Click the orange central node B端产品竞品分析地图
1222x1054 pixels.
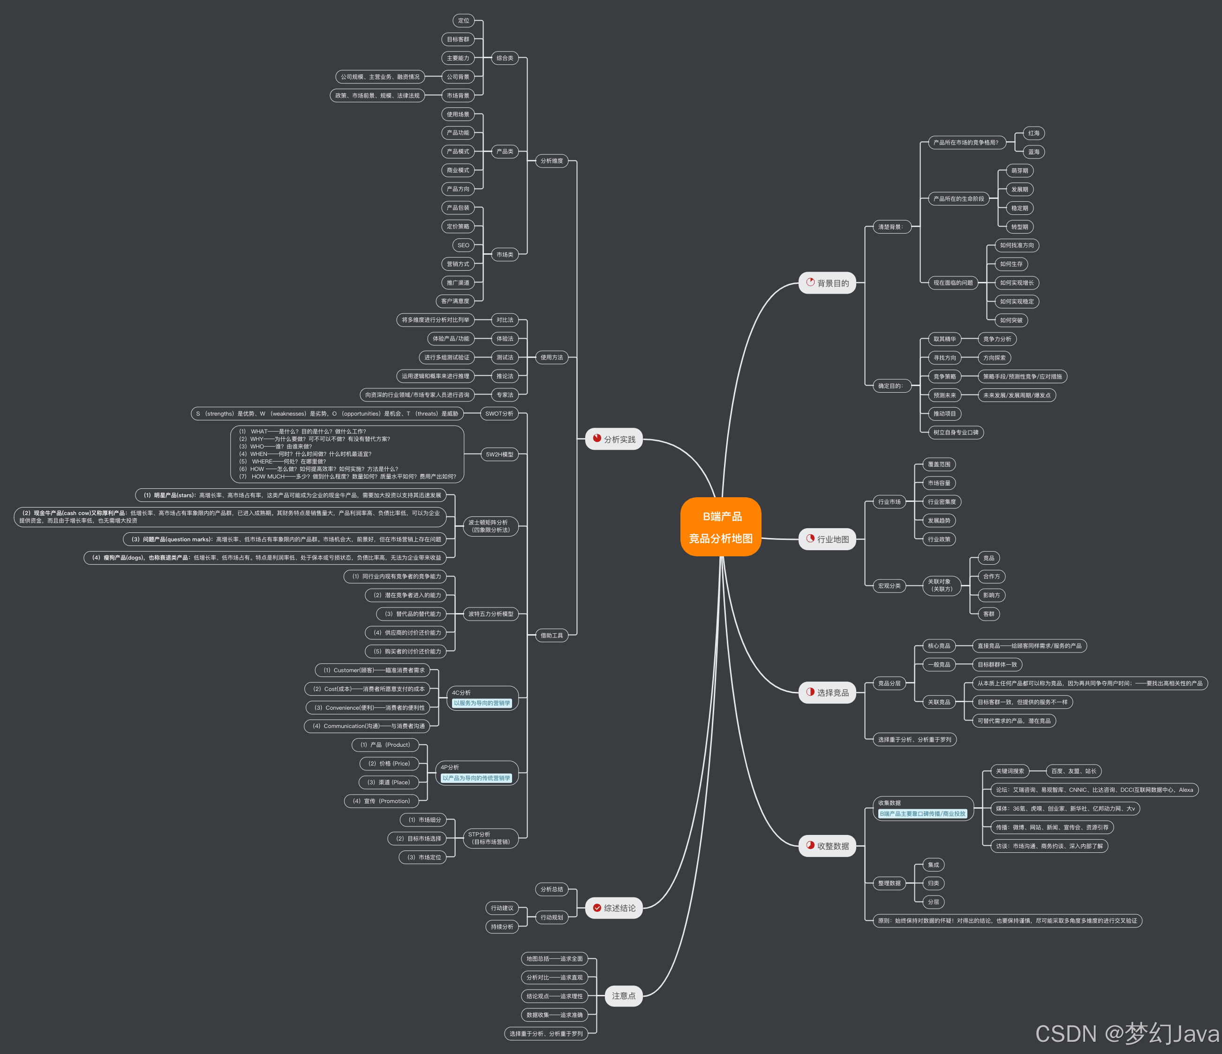720,527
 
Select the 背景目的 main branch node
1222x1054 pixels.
827,283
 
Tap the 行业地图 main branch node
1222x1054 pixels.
827,539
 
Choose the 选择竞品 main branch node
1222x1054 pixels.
827,692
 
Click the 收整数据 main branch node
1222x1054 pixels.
827,846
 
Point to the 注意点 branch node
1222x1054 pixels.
623,996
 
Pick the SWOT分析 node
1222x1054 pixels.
499,413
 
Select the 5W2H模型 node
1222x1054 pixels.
499,454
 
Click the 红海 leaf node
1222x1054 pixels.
1033,133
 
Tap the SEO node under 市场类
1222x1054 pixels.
464,245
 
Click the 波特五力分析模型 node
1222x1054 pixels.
490,614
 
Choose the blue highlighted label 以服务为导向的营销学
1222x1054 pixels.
482,703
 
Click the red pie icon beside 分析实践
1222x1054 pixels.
597,438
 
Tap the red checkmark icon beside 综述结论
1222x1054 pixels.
597,908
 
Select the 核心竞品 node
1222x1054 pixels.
939,646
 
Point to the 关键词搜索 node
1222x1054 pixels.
1010,771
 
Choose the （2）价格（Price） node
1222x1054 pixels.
389,763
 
